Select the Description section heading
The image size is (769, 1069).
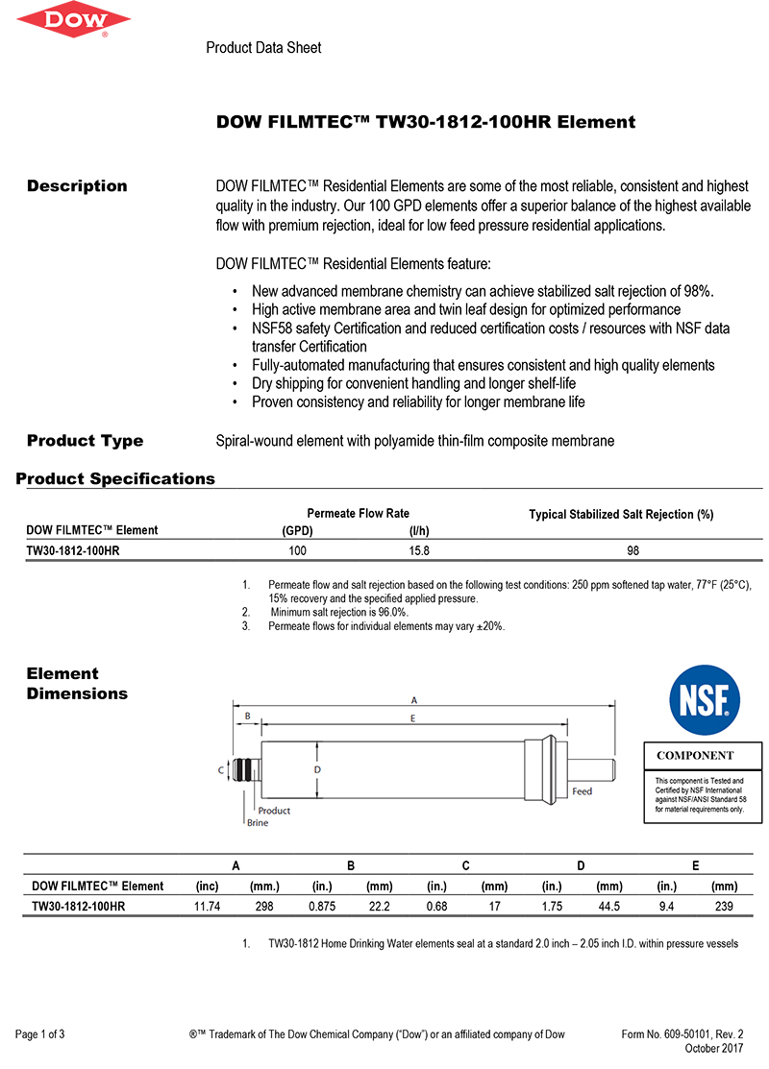pos(77,186)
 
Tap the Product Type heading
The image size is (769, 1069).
pos(85,441)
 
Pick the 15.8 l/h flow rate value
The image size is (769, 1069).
pos(419,551)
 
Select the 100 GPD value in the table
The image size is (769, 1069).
pos(298,551)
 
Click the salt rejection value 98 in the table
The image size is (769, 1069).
pos(633,551)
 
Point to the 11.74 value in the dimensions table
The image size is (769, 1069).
pos(209,906)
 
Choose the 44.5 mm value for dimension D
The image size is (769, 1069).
pos(609,906)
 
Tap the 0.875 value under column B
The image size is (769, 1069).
pos(322,906)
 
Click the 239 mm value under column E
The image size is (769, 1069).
pos(724,906)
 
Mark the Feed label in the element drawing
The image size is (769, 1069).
pos(583,791)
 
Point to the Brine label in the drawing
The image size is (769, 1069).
pos(258,823)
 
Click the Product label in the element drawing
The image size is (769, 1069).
pos(274,811)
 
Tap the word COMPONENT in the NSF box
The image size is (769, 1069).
pos(695,756)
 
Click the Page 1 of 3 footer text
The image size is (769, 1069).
pos(40,1034)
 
